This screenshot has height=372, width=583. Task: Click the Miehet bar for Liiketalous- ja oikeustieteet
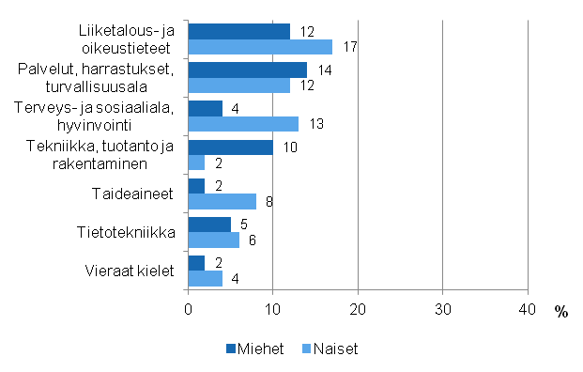pyautogui.click(x=239, y=31)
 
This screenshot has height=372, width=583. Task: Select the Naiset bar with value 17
pyautogui.click(x=260, y=47)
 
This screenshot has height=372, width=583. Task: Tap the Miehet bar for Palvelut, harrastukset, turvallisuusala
pyautogui.click(x=248, y=70)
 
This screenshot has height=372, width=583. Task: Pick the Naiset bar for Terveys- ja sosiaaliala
pyautogui.click(x=243, y=124)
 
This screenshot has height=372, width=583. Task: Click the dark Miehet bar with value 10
pyautogui.click(x=231, y=147)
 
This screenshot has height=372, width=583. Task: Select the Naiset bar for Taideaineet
pyautogui.click(x=222, y=200)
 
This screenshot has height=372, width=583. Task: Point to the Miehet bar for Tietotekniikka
pyautogui.click(x=209, y=224)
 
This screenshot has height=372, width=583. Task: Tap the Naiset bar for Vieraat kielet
pyautogui.click(x=206, y=278)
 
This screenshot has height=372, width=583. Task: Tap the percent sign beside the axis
pyautogui.click(x=561, y=312)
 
